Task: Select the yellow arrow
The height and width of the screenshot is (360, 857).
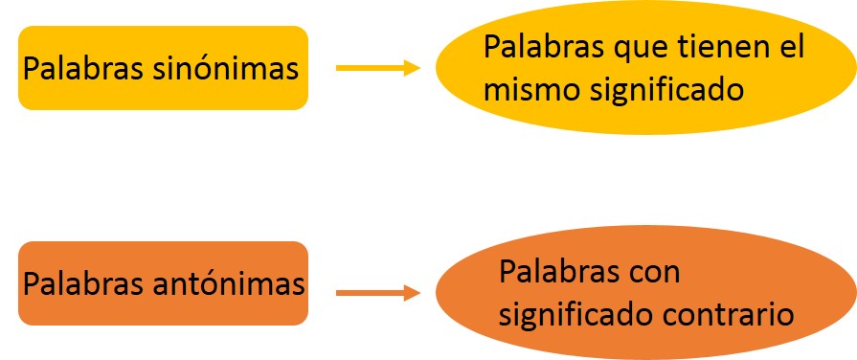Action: click(x=378, y=68)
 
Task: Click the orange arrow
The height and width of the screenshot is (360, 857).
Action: click(x=378, y=292)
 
